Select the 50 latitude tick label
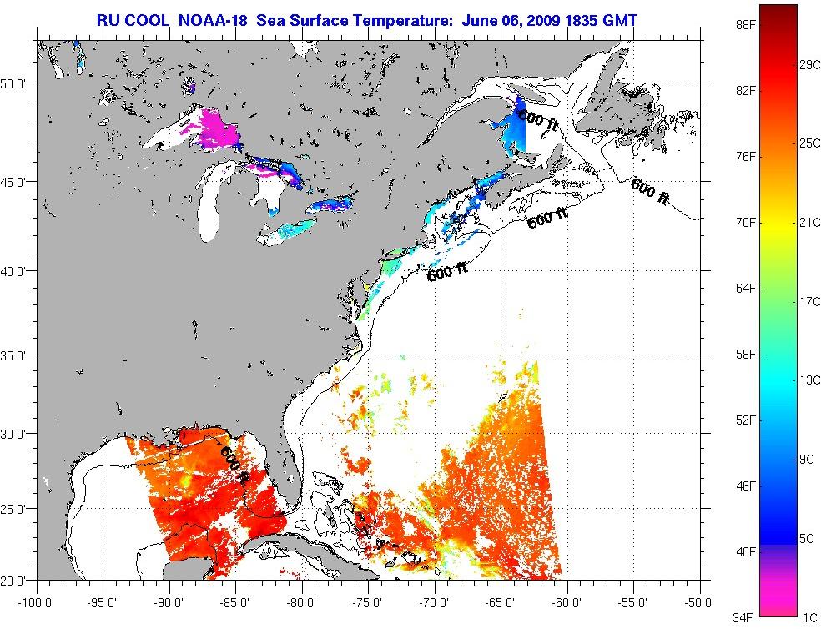18,83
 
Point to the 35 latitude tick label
18,355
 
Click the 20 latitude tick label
18,580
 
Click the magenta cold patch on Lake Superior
219,129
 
